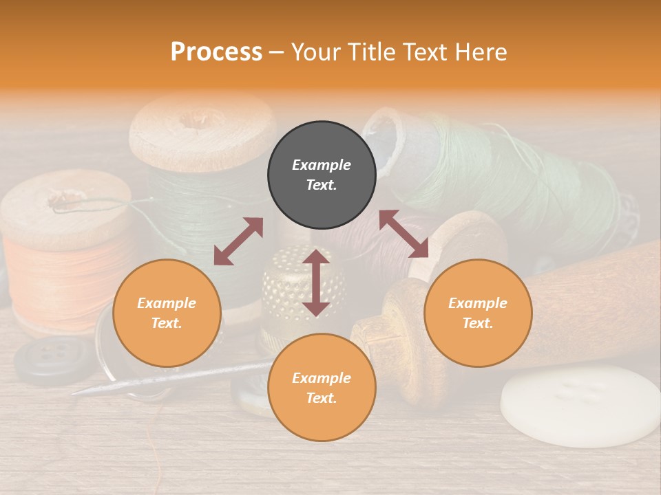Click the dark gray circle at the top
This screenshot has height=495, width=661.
pyautogui.click(x=322, y=175)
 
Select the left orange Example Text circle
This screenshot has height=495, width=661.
pyautogui.click(x=167, y=313)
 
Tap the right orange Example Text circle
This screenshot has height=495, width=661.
pyautogui.click(x=478, y=313)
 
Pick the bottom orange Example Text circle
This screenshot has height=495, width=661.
pyautogui.click(x=322, y=387)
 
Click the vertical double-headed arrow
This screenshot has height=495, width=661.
pyautogui.click(x=316, y=283)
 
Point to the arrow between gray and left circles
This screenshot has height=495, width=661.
pyautogui.click(x=238, y=241)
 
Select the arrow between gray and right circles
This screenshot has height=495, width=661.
pyautogui.click(x=404, y=234)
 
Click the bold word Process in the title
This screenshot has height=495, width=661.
pyautogui.click(x=216, y=52)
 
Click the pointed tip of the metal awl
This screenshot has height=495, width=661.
pyautogui.click(x=76, y=393)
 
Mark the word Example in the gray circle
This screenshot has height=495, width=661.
pyautogui.click(x=322, y=165)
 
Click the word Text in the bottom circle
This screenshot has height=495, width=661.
pyautogui.click(x=322, y=398)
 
